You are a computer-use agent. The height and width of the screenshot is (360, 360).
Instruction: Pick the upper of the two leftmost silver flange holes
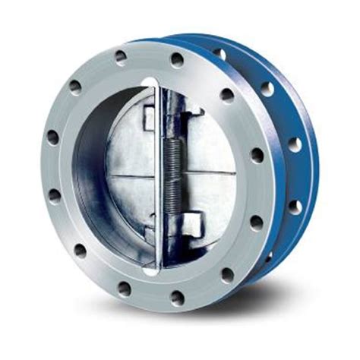click(52, 138)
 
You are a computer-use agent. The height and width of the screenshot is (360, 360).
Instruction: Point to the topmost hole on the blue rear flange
click(219, 54)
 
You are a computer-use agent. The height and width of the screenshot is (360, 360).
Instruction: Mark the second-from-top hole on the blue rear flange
click(267, 89)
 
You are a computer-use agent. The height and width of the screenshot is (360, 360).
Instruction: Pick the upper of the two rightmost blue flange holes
click(293, 144)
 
